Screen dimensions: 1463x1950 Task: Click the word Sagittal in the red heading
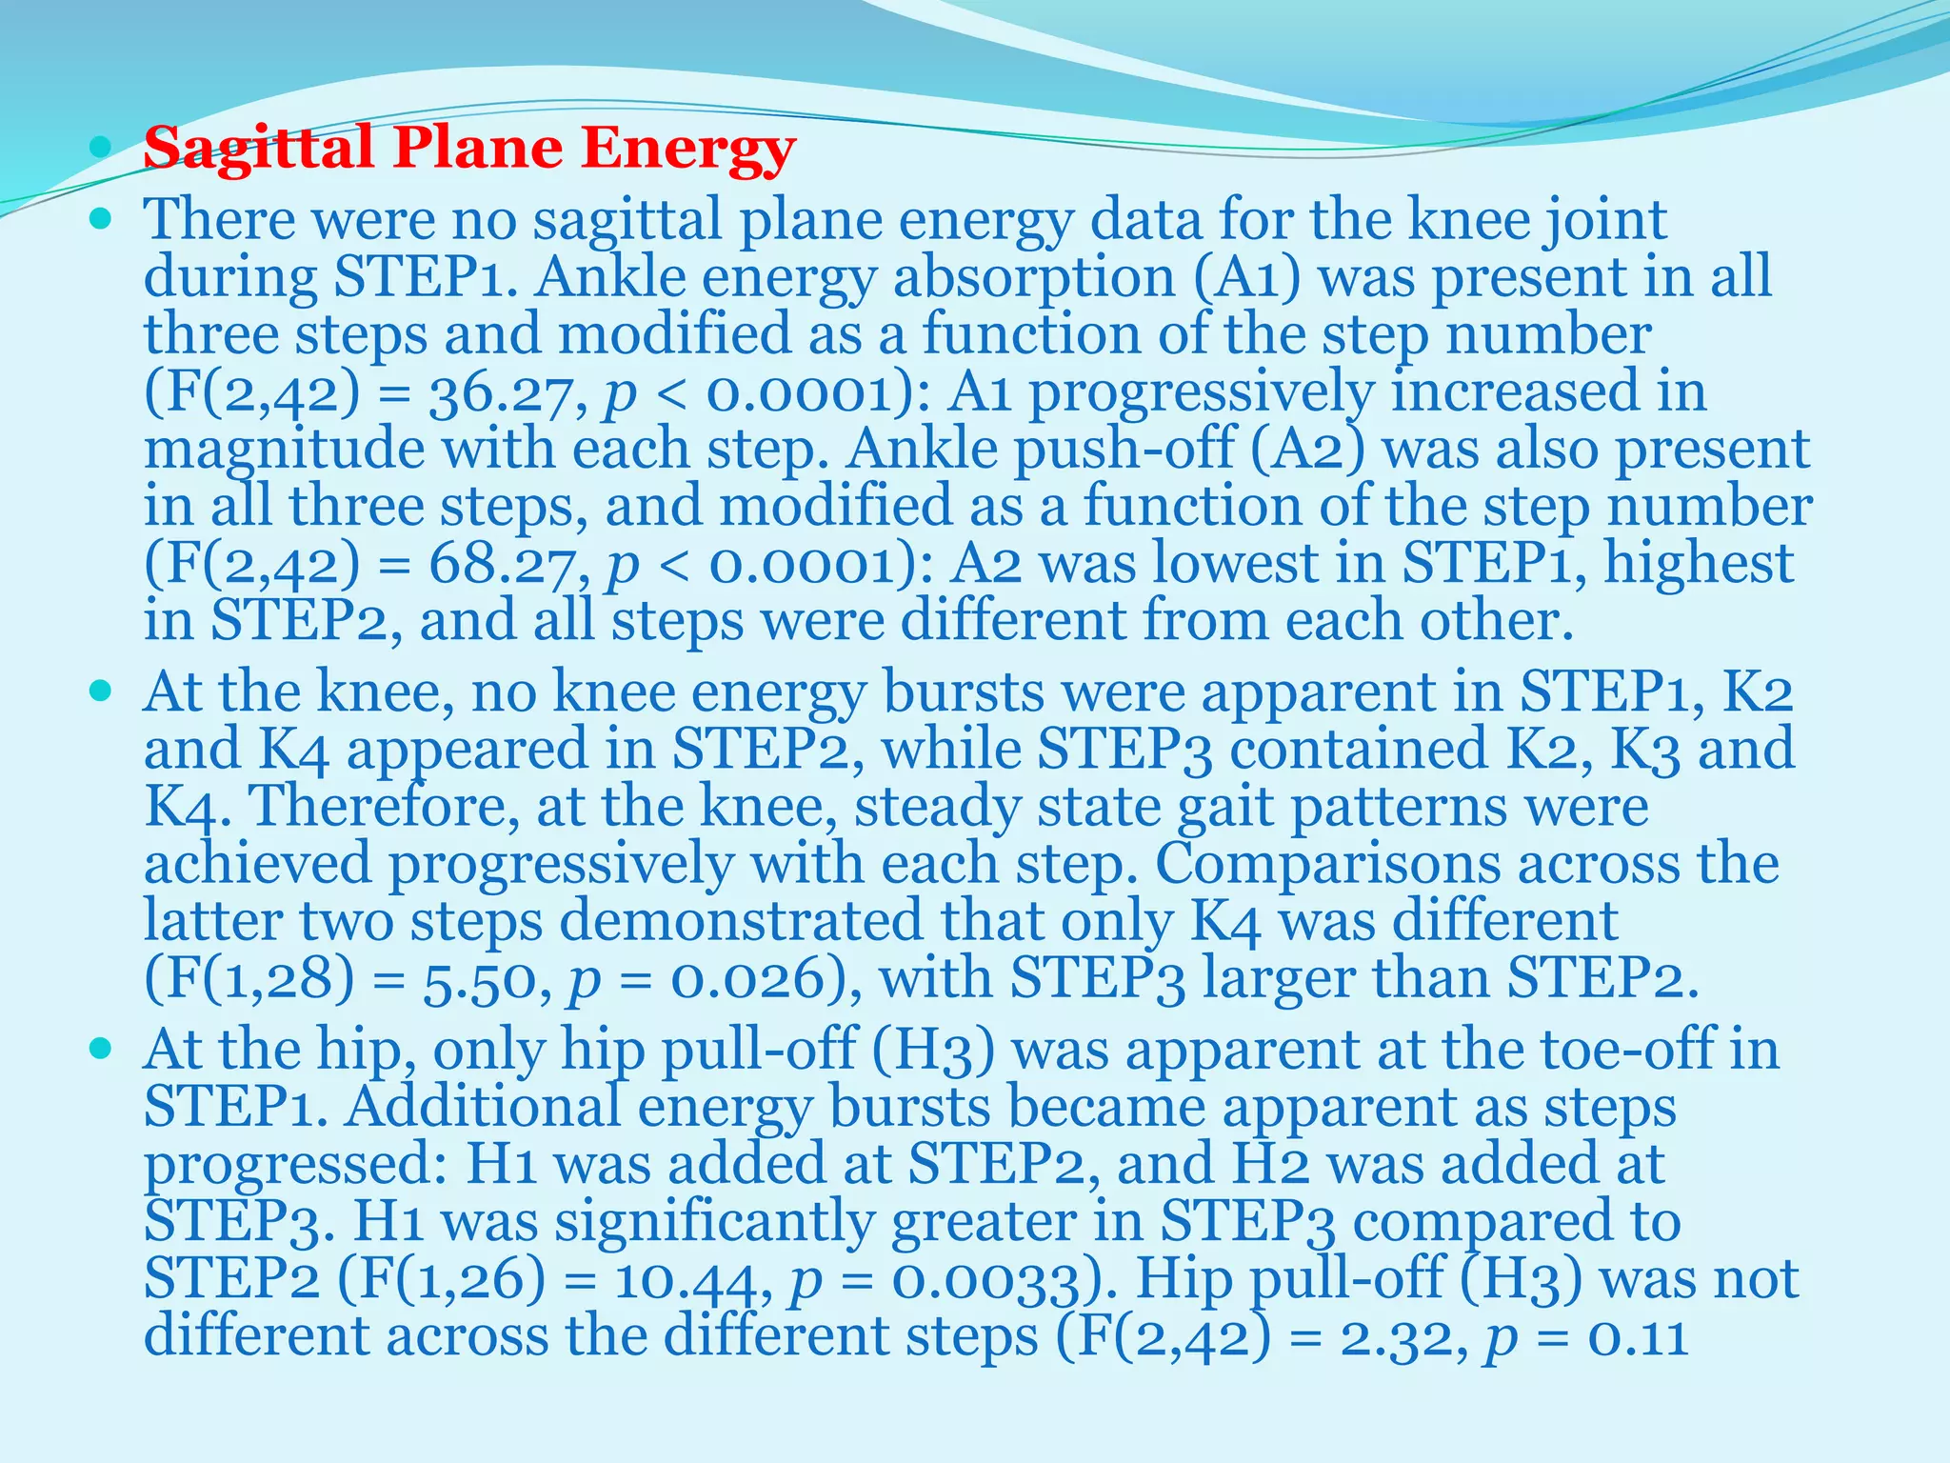(258, 150)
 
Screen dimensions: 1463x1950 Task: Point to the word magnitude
(285, 451)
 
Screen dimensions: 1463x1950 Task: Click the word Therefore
(385, 807)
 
